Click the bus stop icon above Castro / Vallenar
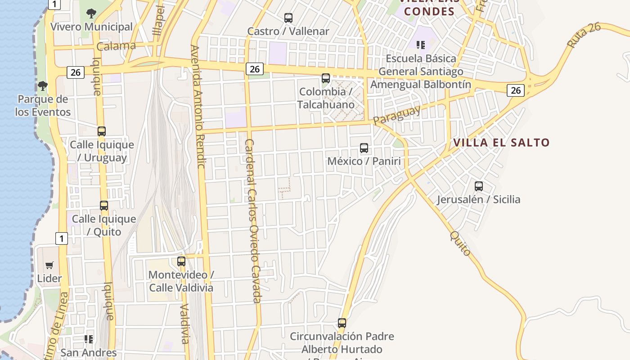[288, 18]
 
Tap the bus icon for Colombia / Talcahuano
[326, 78]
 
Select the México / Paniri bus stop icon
[364, 148]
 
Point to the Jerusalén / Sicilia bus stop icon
[479, 186]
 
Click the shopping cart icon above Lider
[49, 265]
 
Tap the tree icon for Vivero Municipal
[91, 13]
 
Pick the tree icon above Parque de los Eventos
[43, 85]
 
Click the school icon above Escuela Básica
[421, 45]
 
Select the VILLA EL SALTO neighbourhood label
[501, 143]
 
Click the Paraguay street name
[396, 115]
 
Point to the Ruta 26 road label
[584, 35]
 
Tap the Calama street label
[116, 46]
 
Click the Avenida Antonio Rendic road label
[198, 106]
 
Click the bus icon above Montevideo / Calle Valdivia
[181, 261]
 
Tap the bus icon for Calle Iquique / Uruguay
[102, 131]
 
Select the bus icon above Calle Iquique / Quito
[104, 206]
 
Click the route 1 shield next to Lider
[62, 238]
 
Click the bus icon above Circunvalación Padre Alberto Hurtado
[342, 323]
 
